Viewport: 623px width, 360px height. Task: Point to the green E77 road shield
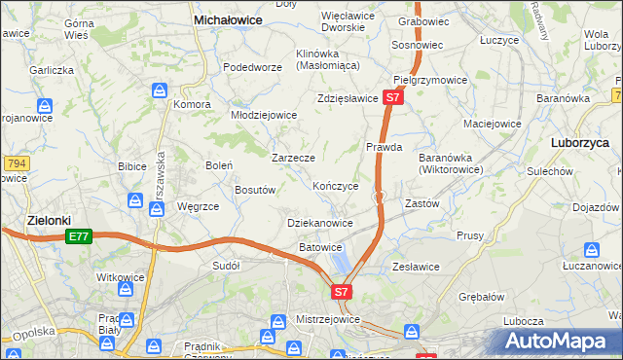coord(79,236)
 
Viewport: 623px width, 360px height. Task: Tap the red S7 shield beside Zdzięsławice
coord(391,97)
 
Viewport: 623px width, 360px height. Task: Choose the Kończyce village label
coord(336,185)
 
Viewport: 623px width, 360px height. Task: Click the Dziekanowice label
coord(320,223)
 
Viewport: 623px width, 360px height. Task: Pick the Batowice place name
coord(320,247)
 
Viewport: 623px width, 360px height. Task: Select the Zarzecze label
coord(293,157)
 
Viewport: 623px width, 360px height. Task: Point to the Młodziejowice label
coord(263,114)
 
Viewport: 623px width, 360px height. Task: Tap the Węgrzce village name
coord(199,206)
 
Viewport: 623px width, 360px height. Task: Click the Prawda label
coord(385,147)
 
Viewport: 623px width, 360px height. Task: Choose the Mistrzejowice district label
coord(329,319)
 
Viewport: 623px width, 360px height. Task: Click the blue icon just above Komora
coord(161,90)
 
